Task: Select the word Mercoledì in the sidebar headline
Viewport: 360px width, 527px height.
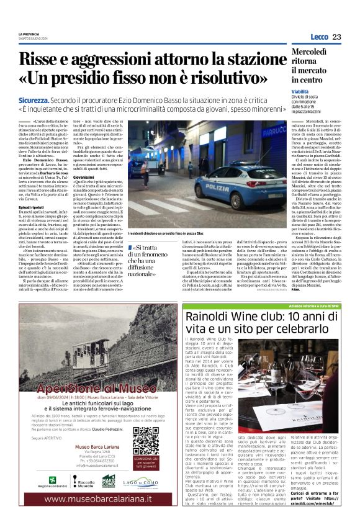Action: (331, 54)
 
